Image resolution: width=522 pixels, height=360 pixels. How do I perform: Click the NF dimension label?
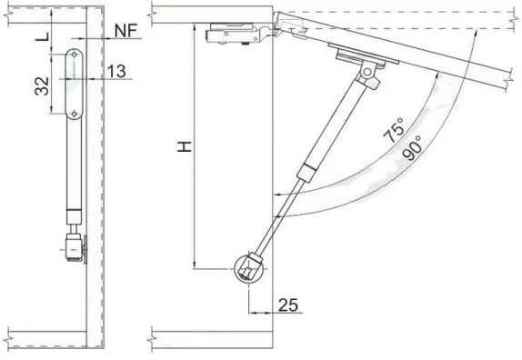click(125, 31)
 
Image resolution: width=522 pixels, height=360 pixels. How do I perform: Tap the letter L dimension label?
click(43, 36)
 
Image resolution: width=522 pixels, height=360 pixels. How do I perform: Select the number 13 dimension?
click(116, 71)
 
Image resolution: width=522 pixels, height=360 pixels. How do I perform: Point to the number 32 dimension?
click(42, 86)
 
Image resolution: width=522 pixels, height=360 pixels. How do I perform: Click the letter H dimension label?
click(185, 146)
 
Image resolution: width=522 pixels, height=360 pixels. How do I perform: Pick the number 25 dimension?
click(288, 305)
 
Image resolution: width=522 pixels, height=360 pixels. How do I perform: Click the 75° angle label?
click(394, 130)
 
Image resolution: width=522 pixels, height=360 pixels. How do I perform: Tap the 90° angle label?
click(411, 148)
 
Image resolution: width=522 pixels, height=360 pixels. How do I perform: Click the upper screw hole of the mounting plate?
click(74, 55)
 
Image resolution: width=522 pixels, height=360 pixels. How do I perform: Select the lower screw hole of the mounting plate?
click(74, 115)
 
